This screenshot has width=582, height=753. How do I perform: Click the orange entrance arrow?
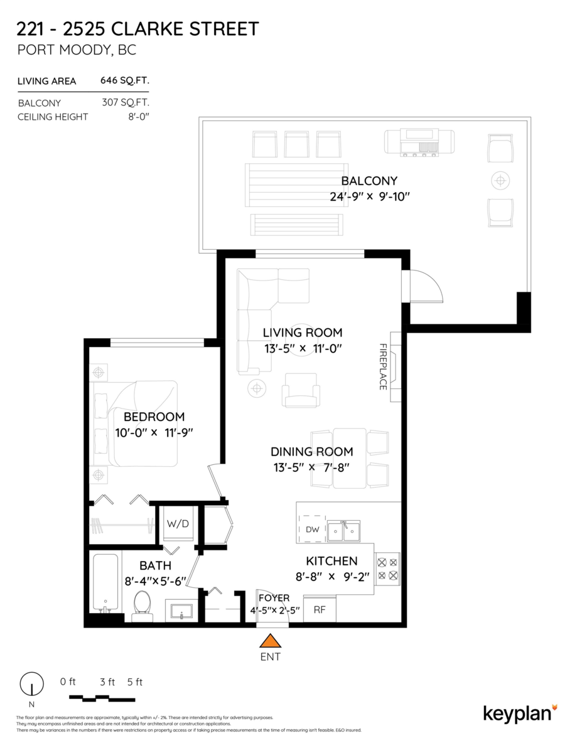pyautogui.click(x=271, y=641)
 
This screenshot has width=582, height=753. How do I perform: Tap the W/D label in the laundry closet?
pyautogui.click(x=177, y=523)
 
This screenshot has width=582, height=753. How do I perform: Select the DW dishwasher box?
pyautogui.click(x=313, y=530)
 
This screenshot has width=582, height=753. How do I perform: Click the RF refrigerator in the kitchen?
pyautogui.click(x=320, y=609)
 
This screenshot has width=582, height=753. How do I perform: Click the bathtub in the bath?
pyautogui.click(x=105, y=582)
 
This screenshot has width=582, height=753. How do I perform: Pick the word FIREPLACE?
pyautogui.click(x=382, y=366)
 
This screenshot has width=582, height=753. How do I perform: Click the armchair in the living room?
pyautogui.click(x=301, y=390)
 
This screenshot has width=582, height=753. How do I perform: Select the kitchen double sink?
pyautogui.click(x=344, y=531)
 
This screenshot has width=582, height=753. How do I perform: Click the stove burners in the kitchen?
pyautogui.click(x=387, y=569)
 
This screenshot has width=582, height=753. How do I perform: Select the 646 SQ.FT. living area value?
pyautogui.click(x=124, y=80)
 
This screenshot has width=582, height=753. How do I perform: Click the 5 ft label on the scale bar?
pyautogui.click(x=135, y=682)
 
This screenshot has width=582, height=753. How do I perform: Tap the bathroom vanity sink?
pyautogui.click(x=182, y=611)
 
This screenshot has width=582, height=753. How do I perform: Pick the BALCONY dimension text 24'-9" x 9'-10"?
pyautogui.click(x=369, y=196)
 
